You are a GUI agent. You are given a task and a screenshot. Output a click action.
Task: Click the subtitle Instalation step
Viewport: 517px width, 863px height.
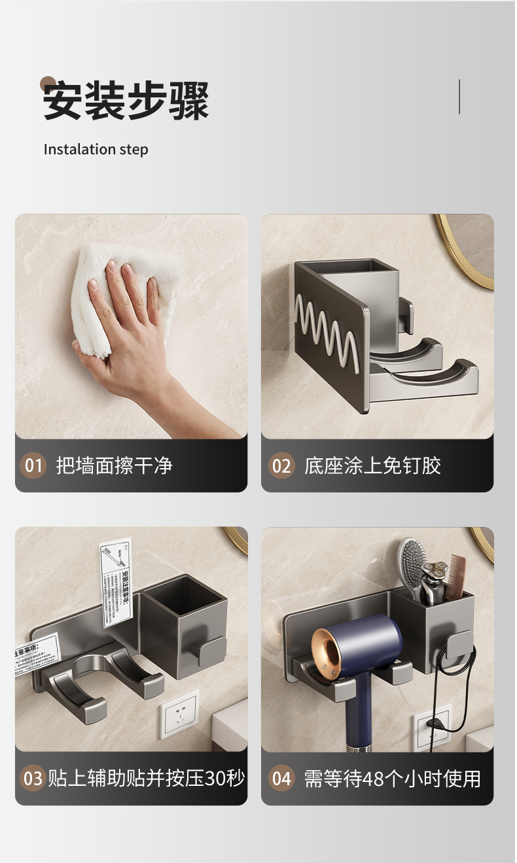(96, 149)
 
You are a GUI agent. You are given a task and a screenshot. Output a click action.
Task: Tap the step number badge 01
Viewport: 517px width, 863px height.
(33, 465)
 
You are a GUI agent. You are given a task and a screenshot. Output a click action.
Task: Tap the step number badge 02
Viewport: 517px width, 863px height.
(281, 465)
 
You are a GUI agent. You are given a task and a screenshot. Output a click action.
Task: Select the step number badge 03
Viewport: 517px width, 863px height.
(33, 778)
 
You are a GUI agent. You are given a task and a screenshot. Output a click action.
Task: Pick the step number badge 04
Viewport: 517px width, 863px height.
(281, 778)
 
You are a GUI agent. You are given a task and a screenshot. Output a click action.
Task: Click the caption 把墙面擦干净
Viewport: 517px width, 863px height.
(114, 465)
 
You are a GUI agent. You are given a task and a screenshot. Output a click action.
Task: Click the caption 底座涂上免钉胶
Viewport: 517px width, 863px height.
(372, 465)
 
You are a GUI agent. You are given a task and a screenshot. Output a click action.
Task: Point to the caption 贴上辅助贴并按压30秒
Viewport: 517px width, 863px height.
(146, 778)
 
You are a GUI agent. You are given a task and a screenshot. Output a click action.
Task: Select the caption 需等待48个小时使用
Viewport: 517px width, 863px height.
(392, 778)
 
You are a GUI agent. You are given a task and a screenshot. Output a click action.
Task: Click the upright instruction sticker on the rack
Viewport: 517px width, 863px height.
(116, 582)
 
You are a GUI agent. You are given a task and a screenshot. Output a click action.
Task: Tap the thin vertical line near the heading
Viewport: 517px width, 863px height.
(459, 97)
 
